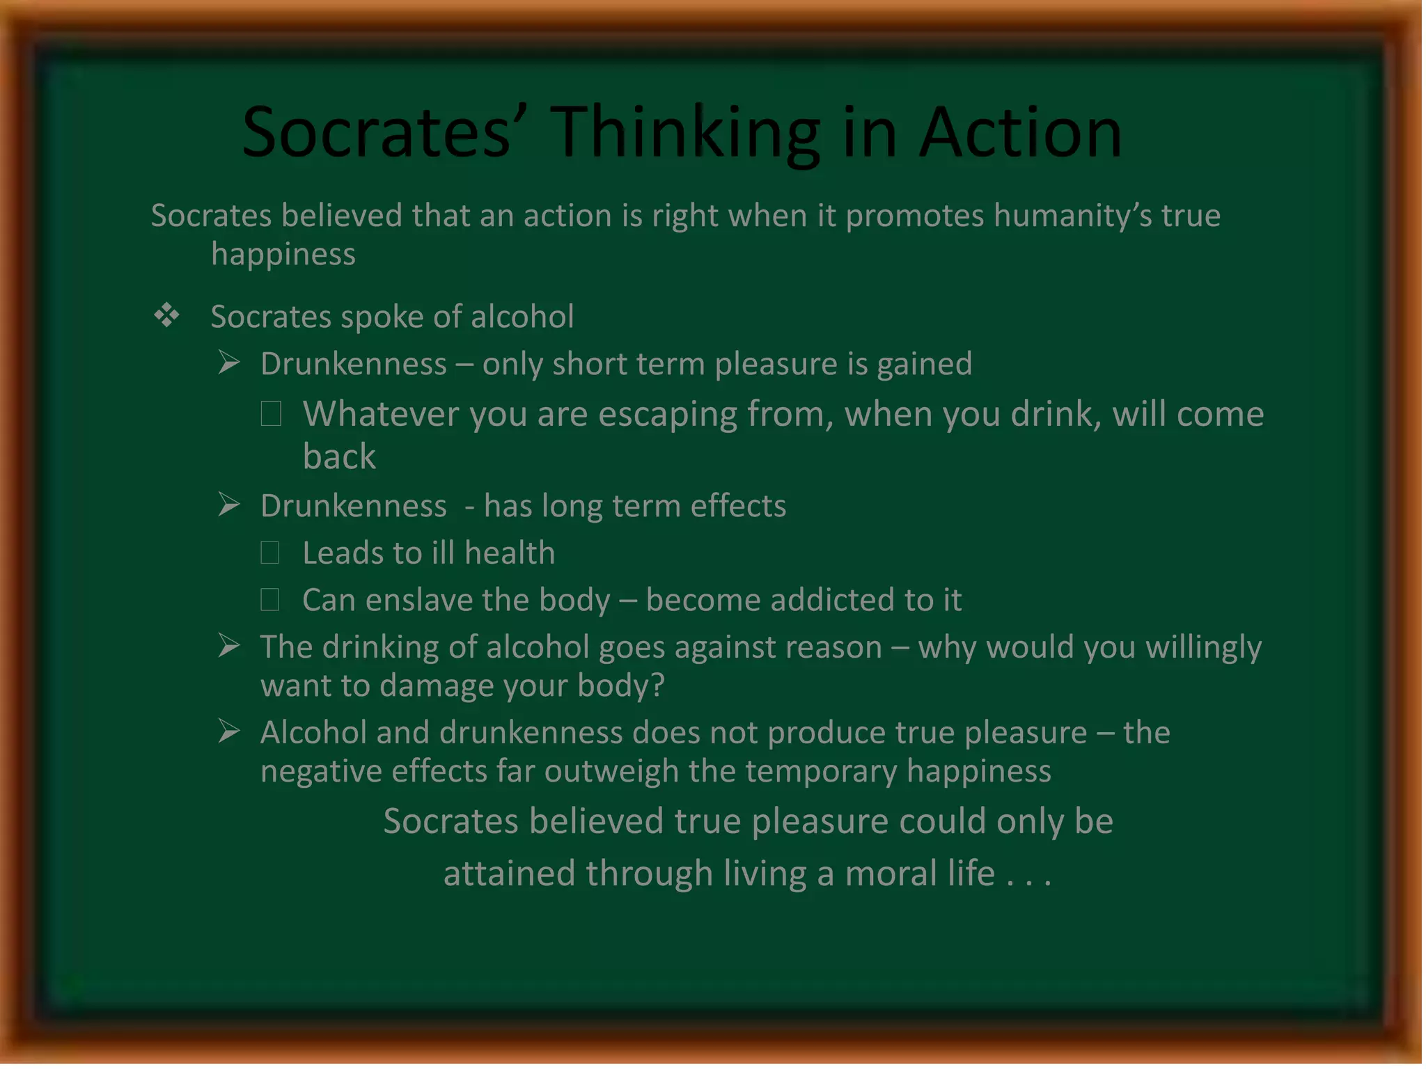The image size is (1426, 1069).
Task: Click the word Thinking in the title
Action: [686, 132]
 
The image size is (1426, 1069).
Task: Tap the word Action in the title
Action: [1021, 132]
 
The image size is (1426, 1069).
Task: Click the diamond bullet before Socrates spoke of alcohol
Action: [166, 316]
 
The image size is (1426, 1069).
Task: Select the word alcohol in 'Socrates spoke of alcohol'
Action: [522, 317]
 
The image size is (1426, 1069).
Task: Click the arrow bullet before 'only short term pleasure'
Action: [229, 363]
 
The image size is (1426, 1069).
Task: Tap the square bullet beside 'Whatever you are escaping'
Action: [271, 413]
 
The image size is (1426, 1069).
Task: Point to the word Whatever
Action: [380, 414]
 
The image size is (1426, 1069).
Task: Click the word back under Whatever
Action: [339, 457]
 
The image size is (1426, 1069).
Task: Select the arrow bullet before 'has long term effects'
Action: [229, 505]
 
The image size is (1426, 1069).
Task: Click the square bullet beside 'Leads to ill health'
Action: [270, 553]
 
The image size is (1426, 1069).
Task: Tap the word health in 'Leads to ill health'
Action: [510, 553]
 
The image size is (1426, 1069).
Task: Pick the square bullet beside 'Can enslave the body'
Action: [270, 599]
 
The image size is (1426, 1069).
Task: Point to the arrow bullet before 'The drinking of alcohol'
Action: [229, 646]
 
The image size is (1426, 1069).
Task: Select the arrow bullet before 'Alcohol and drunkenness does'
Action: [229, 731]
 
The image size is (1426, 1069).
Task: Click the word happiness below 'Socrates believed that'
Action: [283, 255]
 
